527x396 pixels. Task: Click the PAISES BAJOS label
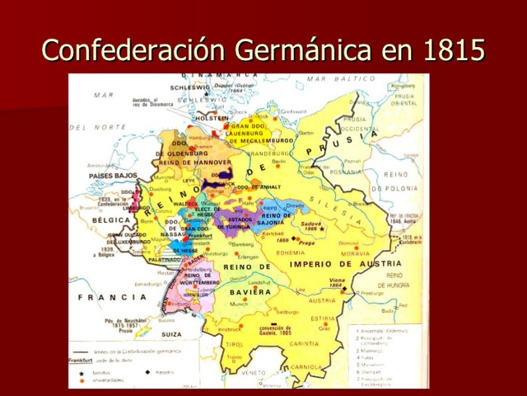tap(113, 176)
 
